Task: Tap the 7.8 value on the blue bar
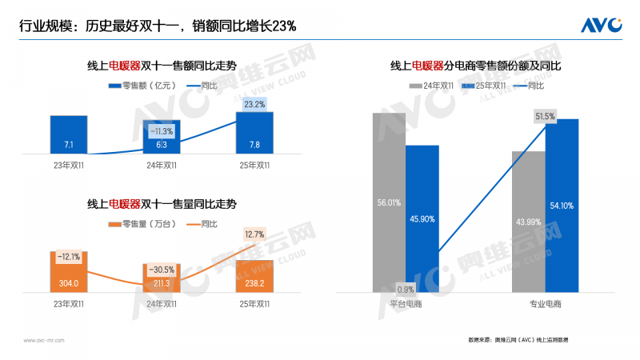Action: tap(254, 145)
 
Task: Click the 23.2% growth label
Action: tap(254, 104)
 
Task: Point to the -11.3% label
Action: tap(162, 131)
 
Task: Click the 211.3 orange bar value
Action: tap(162, 282)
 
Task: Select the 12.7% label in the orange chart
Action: tap(254, 234)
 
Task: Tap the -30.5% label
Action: tap(162, 270)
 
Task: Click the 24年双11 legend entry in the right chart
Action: tap(435, 85)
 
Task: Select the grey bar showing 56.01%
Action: tap(389, 202)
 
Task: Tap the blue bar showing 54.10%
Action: tap(561, 206)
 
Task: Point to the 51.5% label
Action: tap(545, 117)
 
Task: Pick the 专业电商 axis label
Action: tap(545, 304)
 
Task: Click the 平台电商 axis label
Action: tap(406, 304)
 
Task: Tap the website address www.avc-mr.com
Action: tap(44, 340)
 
